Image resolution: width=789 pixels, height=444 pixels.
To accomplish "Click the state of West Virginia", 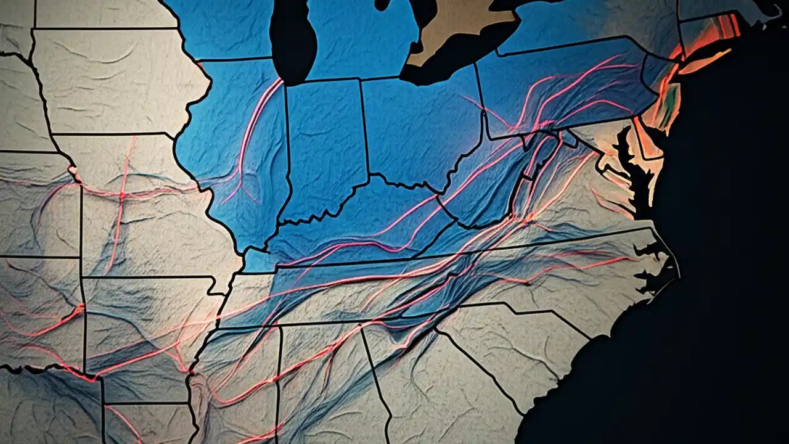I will [x=487, y=191].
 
